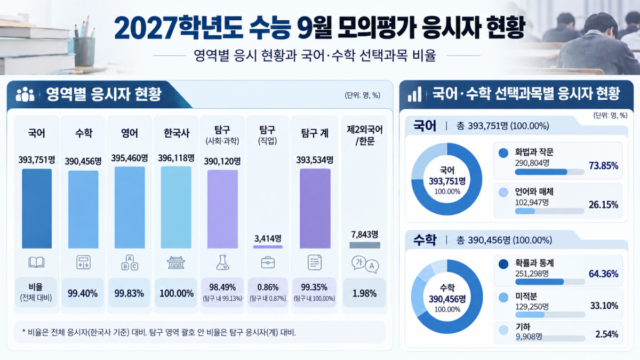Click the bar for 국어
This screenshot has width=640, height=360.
point(37,209)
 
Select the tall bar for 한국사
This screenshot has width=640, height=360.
point(176,207)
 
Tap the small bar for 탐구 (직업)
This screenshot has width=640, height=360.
point(268,247)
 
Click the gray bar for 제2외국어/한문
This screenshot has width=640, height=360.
point(365,245)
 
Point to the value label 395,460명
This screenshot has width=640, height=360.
point(130,158)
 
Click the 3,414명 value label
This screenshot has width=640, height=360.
point(268,238)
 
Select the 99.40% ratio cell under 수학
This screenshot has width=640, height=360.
point(83,293)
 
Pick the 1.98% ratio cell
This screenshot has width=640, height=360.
point(365,293)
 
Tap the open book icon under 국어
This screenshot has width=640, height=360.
point(36,262)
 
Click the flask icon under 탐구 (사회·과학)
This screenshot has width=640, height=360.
point(222,262)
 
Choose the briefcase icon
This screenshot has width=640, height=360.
point(268,262)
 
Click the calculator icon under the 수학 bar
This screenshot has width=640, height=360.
point(83,262)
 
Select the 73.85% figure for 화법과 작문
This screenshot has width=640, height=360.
point(603,166)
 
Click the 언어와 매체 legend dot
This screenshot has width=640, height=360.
point(503,193)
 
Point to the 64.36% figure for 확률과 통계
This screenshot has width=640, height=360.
point(603,274)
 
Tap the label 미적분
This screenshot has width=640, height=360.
point(526,297)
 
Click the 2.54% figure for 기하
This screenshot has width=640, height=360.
point(606,334)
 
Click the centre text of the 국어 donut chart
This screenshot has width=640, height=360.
point(447,181)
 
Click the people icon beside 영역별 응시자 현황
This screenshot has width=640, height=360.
point(25,94)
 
